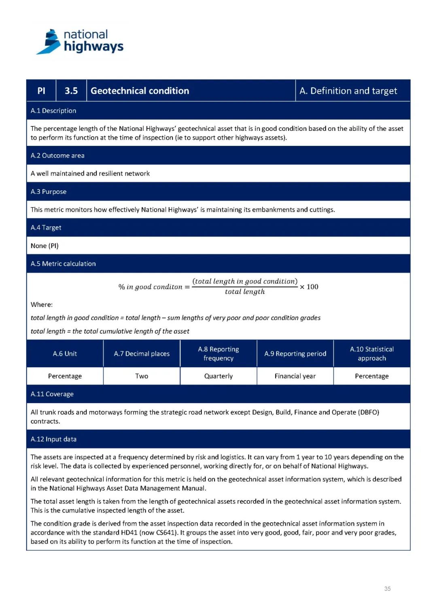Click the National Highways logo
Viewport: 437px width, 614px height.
(80, 42)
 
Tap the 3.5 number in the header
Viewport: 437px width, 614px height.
(71, 91)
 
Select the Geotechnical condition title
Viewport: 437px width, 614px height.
(140, 91)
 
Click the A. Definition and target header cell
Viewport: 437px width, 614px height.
(348, 91)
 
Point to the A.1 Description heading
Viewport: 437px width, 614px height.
(53, 111)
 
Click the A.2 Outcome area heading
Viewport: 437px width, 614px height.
(57, 156)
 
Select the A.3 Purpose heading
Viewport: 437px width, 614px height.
(49, 191)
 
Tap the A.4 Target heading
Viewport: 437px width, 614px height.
(46, 227)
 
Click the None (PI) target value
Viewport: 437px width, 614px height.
(45, 246)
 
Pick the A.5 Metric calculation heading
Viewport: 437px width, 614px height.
(63, 264)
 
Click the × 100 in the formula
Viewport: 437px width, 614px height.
(309, 287)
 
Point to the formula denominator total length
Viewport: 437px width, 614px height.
(245, 292)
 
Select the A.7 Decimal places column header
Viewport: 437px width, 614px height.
(142, 354)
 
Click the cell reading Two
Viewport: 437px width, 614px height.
(142, 376)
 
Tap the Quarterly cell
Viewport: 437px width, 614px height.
(218, 376)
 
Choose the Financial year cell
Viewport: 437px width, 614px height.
(295, 376)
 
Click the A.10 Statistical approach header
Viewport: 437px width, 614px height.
(372, 354)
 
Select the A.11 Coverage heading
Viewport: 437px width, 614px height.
(52, 394)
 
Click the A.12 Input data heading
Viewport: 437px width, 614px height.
(53, 439)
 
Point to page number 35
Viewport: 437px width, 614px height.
(387, 589)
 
